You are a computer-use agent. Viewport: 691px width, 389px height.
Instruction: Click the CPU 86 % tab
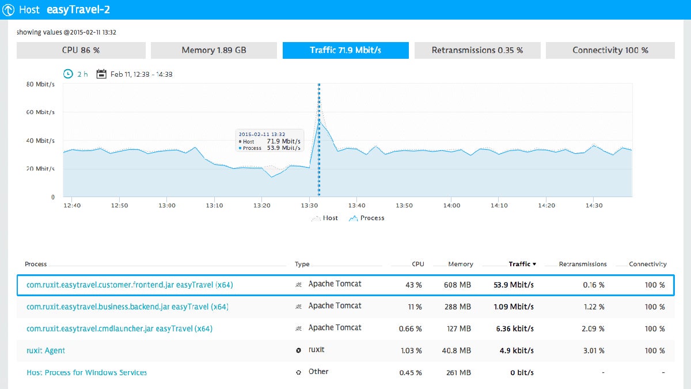coord(81,50)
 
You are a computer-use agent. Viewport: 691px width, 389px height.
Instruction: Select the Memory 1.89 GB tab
coord(214,50)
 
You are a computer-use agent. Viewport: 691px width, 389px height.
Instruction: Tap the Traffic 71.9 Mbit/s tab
coord(345,50)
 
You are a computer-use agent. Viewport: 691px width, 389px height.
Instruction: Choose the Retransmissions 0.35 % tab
coord(477,50)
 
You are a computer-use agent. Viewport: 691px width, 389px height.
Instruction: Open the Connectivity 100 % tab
coord(610,50)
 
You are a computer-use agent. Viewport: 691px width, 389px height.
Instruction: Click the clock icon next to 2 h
coord(68,74)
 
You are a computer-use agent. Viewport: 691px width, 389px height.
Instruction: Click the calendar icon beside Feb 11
coord(101,74)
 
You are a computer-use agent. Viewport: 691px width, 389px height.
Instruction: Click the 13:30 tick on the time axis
coord(309,205)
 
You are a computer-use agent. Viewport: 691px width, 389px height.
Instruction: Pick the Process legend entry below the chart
coord(366,218)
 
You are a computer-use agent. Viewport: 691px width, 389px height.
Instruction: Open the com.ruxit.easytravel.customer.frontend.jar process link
coord(130,285)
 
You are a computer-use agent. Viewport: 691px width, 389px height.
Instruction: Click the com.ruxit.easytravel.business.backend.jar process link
coord(127,307)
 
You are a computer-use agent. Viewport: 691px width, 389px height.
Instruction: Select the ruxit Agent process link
coord(46,350)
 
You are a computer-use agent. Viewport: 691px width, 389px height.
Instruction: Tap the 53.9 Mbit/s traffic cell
coord(514,285)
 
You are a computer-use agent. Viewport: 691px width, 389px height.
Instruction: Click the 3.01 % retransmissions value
coord(593,350)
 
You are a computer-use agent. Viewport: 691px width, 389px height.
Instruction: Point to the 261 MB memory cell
coord(458,372)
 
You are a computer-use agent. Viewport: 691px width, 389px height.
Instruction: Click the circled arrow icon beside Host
coord(9,10)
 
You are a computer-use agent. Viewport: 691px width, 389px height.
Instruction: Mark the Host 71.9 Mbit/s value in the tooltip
coord(283,141)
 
